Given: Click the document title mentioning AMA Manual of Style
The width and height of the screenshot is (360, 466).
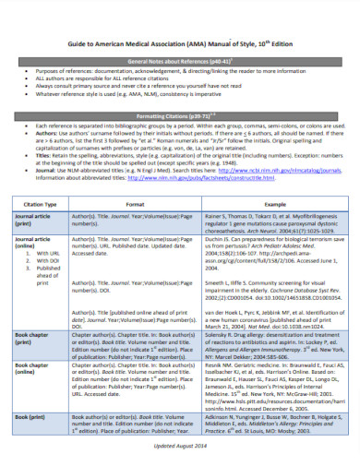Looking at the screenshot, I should tap(179, 42).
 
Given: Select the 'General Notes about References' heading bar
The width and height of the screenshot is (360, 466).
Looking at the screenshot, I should tap(179, 59).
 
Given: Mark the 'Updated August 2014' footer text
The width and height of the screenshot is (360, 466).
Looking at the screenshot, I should tap(180, 448).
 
